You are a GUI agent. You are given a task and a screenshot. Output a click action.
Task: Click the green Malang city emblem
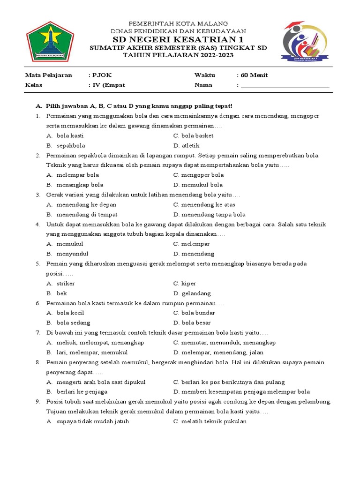coord(50,41)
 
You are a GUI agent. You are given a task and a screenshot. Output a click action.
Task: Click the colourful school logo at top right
coord(304,41)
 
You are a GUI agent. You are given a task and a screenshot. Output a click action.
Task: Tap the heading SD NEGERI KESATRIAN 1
coord(178,38)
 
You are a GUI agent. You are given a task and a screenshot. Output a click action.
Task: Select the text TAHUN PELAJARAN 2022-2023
coord(178,55)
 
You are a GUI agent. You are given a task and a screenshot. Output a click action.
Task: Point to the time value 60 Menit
coord(254,75)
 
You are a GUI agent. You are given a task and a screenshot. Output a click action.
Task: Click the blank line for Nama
coord(285,86)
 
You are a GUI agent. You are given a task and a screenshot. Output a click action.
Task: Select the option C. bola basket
coord(193,135)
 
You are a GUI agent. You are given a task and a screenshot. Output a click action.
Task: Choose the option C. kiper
coord(185,283)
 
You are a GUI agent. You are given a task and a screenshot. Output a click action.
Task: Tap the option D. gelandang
coord(192,293)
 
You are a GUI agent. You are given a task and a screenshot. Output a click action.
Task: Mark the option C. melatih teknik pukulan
coord(210,421)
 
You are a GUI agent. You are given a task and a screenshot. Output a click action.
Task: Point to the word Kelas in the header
coord(33,85)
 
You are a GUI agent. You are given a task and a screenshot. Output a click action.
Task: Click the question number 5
coord(37,263)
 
